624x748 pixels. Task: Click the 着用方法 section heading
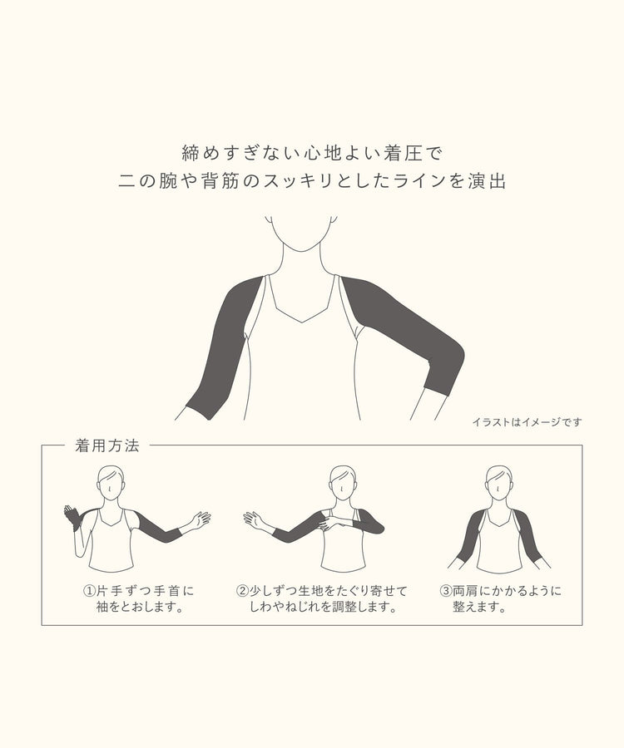click(107, 445)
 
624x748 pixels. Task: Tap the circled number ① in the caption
click(89, 591)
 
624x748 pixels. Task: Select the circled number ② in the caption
click(243, 591)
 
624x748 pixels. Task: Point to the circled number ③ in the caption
click(445, 591)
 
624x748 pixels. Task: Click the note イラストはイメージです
click(527, 422)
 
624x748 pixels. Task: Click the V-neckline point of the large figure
click(302, 322)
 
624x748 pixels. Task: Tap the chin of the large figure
click(302, 249)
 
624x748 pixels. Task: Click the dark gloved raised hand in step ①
click(73, 517)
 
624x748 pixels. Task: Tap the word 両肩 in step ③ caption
click(465, 591)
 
